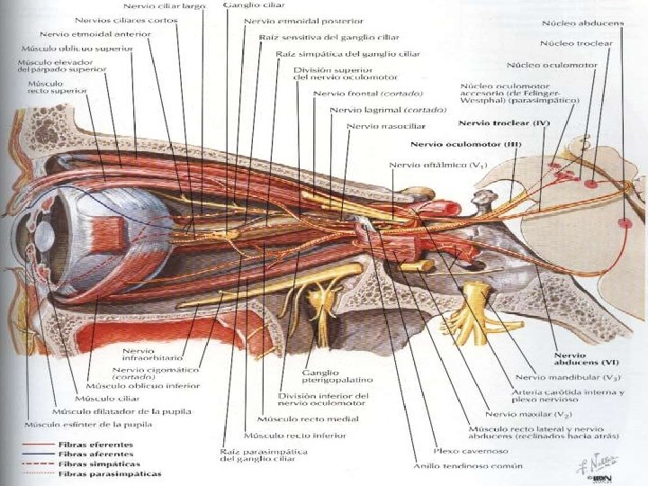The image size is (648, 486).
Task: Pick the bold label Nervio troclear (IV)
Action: click(x=504, y=121)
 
